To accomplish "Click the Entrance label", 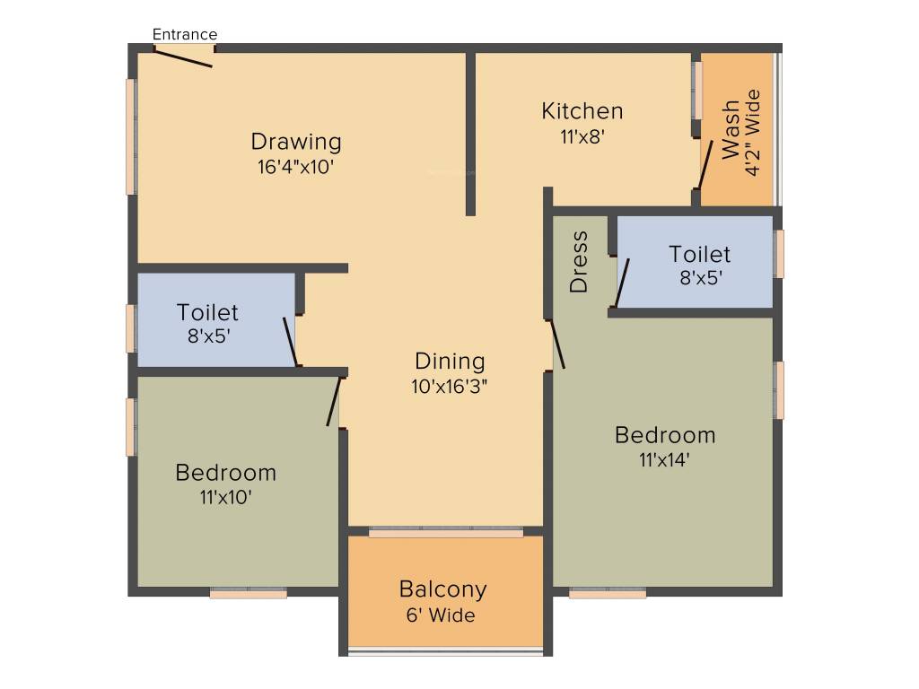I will coord(185,35).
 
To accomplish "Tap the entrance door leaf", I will coord(183,57).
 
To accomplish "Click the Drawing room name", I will coord(296,142).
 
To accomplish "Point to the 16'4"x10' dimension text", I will coord(295,166).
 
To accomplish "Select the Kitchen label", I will coord(582,111).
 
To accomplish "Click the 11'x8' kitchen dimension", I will coord(582,137).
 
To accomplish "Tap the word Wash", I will coord(731,130).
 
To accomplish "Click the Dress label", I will coord(579,262).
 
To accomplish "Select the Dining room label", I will coord(450,362).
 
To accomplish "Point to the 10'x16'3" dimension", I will coord(450,387).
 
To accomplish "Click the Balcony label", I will coord(443,589).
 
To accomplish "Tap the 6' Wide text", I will coord(440,615).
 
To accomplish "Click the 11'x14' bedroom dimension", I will coord(664,460).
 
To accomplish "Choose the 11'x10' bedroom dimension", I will coord(225,496).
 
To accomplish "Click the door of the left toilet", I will coord(291,342).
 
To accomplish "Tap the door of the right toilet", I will coord(622,283).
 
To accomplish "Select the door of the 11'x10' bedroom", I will coord(334,401).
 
